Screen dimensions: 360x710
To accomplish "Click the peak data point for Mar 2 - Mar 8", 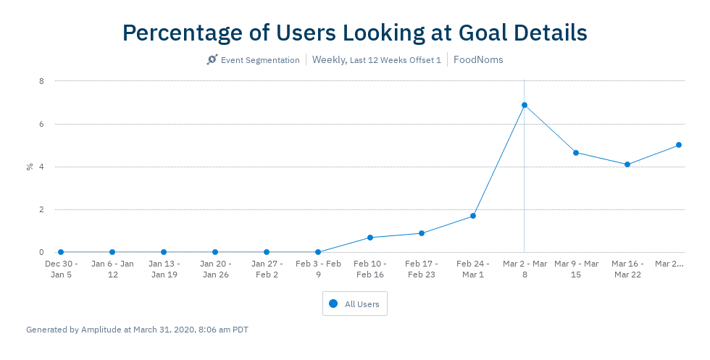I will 525,105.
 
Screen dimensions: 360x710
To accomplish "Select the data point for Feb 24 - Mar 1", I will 473,216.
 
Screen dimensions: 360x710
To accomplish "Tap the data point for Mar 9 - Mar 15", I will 576,153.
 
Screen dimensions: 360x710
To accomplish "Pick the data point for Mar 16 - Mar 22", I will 627,164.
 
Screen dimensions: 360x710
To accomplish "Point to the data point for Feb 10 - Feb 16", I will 370,238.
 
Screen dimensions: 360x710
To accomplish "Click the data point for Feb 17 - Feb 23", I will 422,233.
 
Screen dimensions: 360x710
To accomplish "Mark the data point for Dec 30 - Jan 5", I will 61,252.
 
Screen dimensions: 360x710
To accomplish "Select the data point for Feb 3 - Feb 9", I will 318,252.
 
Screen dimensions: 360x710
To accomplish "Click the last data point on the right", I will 679,145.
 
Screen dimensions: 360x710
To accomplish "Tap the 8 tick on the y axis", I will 41,81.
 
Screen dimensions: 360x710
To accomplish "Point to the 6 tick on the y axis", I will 41,124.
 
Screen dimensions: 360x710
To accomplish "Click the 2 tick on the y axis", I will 41,209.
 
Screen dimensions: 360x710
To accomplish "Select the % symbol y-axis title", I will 30,167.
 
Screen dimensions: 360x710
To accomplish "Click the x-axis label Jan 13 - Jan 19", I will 164,269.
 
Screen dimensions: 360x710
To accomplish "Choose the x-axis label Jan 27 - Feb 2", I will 267,269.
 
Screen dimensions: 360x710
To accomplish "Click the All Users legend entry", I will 355,304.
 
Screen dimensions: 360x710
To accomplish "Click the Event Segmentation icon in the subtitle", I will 212,60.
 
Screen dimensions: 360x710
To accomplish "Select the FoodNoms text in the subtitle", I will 478,60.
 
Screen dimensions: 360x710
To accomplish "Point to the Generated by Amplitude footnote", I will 137,330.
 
